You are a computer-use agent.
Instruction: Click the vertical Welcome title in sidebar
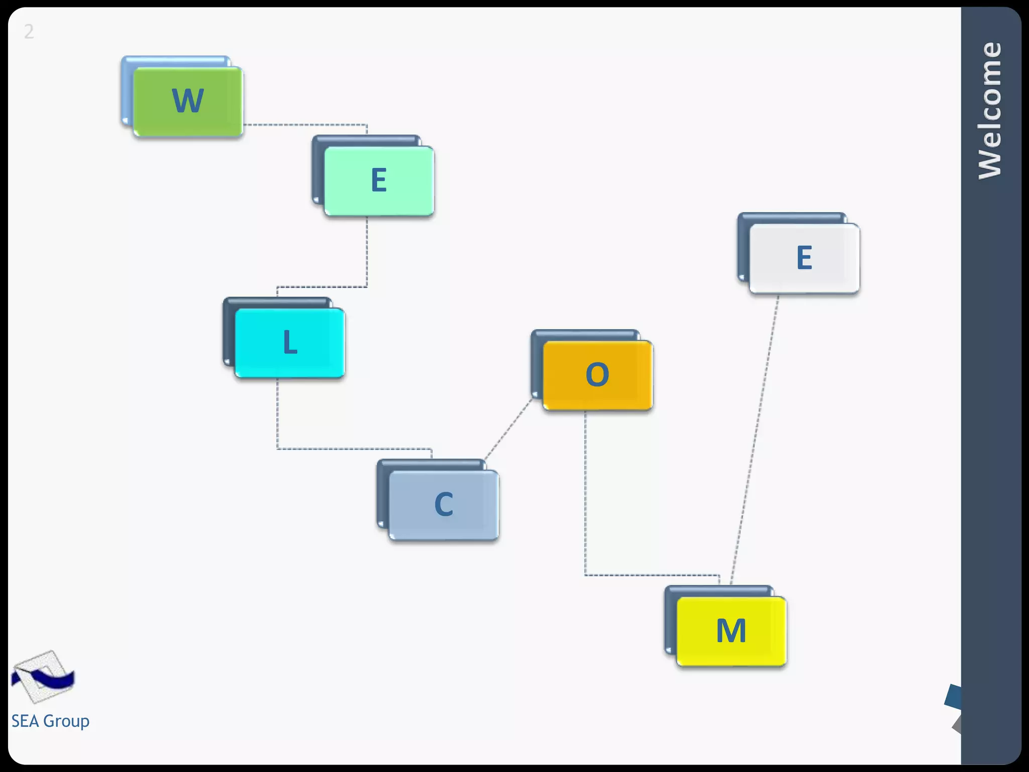pyautogui.click(x=990, y=111)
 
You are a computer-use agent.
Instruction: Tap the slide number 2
pyautogui.click(x=29, y=32)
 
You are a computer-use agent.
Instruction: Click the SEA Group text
pyautogui.click(x=50, y=721)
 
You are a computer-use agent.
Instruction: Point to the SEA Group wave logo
pyautogui.click(x=43, y=677)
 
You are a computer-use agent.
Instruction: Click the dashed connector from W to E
pyautogui.click(x=306, y=125)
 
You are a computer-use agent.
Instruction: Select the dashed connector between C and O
pyautogui.click(x=507, y=430)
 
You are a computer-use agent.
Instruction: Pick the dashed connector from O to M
pyautogui.click(x=585, y=503)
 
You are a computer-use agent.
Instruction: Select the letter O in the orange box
pyautogui.click(x=597, y=374)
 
